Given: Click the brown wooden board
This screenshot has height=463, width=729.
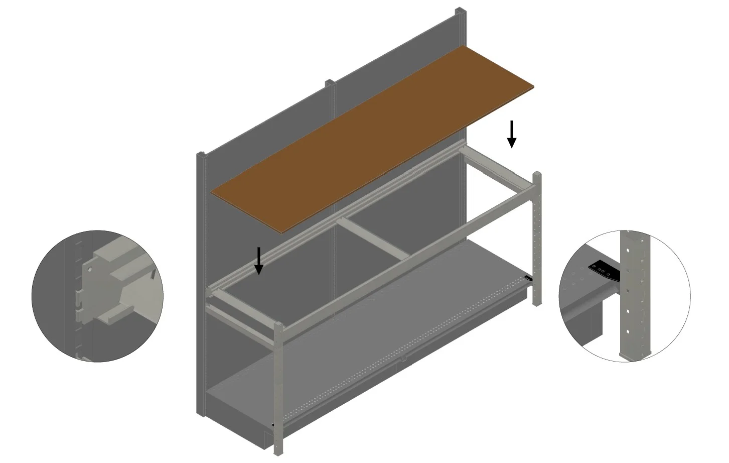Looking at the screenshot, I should [371, 141].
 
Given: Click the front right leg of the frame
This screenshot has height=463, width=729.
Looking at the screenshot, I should [537, 241].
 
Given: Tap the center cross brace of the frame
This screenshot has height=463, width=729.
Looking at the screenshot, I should [371, 239].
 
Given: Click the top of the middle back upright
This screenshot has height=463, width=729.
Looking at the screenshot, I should [330, 82].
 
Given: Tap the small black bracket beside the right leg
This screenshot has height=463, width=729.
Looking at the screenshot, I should [528, 278].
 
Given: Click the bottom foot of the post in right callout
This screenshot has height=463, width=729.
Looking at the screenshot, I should [635, 356].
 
